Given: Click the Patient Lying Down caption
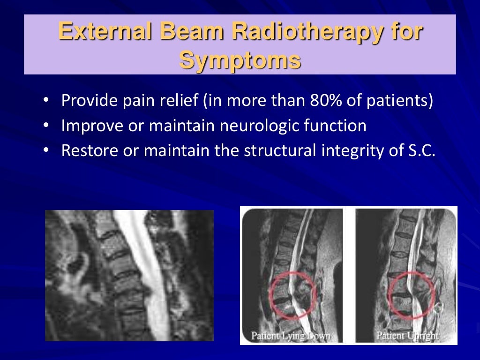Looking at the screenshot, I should pyautogui.click(x=291, y=336).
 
